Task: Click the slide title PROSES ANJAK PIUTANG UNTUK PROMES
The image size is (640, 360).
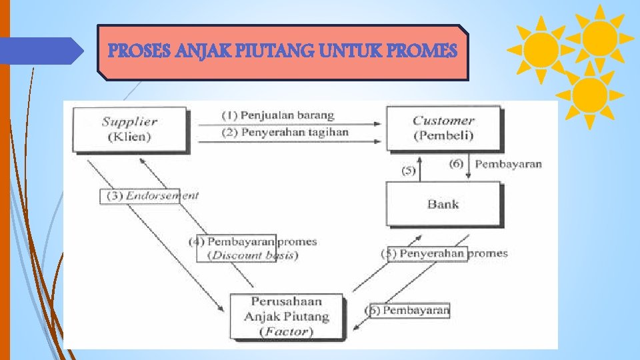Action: [283, 51]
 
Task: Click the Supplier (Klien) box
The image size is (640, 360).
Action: [129, 129]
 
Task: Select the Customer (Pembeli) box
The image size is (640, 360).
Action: [443, 128]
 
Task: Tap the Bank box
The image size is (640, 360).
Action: [443, 204]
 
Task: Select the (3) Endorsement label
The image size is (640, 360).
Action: [150, 196]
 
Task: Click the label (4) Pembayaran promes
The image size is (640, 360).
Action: [253, 241]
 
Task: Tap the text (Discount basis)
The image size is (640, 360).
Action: [253, 255]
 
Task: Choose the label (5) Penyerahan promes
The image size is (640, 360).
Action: [444, 253]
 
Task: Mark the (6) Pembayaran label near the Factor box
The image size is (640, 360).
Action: [407, 310]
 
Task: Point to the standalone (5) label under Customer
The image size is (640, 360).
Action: [409, 171]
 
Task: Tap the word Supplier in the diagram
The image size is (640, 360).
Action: [129, 121]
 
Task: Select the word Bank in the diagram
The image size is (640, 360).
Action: [443, 204]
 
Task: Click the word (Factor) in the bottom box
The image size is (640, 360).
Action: [287, 331]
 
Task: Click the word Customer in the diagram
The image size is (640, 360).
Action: [443, 121]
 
